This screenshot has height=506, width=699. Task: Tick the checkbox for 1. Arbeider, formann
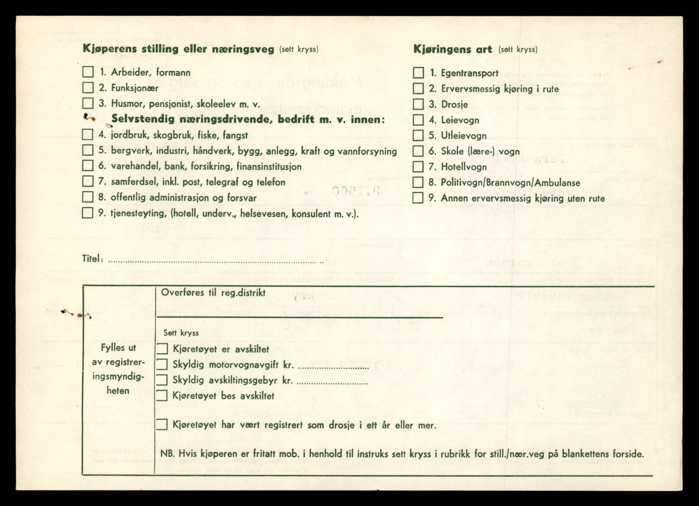[x=88, y=72]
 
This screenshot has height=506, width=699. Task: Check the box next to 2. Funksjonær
[x=88, y=88]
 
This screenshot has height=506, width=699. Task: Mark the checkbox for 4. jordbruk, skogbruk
[x=88, y=134]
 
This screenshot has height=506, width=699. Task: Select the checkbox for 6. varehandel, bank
[x=88, y=166]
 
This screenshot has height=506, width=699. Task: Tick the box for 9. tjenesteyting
[x=88, y=213]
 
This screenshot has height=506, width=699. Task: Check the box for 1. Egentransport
[x=418, y=73]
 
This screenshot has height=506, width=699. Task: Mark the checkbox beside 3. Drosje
[x=418, y=104]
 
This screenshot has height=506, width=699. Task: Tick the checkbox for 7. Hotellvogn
[x=418, y=167]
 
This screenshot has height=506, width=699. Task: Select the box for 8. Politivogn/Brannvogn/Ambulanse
[x=418, y=182]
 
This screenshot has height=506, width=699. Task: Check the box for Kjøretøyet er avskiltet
[x=162, y=349]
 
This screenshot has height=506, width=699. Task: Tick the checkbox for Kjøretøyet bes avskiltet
[x=162, y=396]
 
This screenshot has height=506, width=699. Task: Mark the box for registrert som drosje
[x=162, y=425]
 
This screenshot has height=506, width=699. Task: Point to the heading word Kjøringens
[x=453, y=49]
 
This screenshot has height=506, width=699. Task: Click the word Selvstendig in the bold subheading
[x=143, y=119]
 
